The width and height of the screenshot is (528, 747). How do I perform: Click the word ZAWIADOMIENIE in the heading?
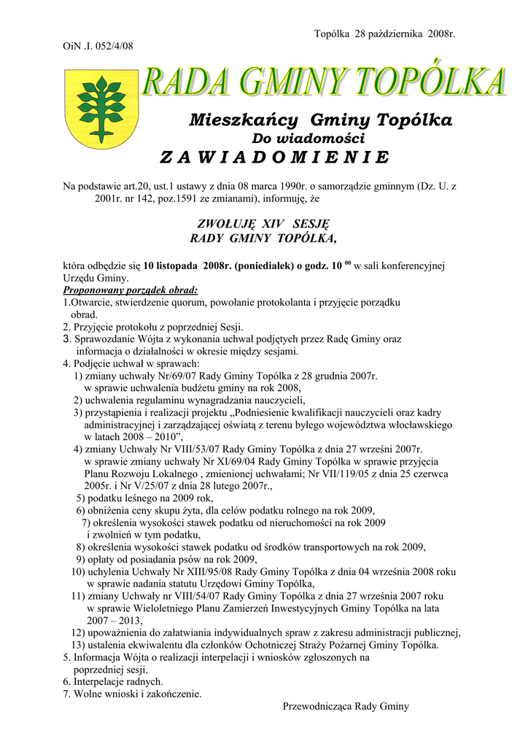pyautogui.click(x=274, y=158)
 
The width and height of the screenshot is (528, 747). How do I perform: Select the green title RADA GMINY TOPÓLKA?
pyautogui.click(x=324, y=82)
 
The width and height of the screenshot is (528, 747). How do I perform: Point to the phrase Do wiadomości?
pyautogui.click(x=308, y=138)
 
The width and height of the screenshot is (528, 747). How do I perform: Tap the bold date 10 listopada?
pyautogui.click(x=172, y=266)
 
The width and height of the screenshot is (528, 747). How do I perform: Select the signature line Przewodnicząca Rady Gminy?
pyautogui.click(x=346, y=706)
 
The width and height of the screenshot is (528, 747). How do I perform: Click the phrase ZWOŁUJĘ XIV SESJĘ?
pyautogui.click(x=264, y=223)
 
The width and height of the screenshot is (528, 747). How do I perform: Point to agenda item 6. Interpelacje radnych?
pyautogui.click(x=113, y=681)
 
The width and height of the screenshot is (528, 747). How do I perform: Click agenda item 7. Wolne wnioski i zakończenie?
pyautogui.click(x=132, y=694)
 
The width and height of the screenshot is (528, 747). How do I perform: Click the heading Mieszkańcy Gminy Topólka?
pyautogui.click(x=320, y=120)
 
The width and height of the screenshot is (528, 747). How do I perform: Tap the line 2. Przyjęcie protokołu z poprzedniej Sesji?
pyautogui.click(x=153, y=327)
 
